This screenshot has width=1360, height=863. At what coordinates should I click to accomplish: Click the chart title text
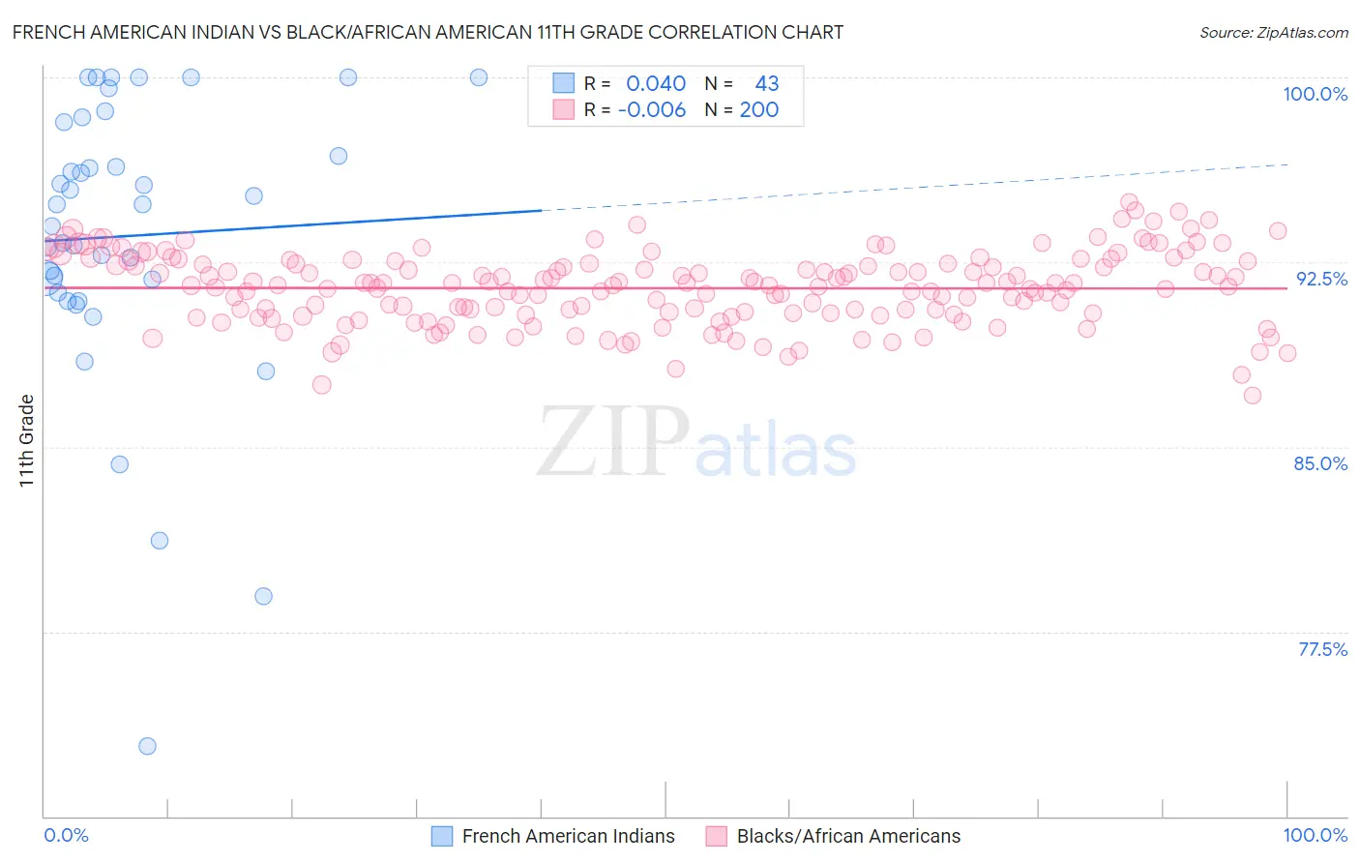428,32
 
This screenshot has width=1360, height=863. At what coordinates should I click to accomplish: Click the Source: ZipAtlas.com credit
1273,32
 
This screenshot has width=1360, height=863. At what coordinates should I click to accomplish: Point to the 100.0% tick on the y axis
1315,94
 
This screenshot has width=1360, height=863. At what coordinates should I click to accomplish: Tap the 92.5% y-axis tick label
1321,279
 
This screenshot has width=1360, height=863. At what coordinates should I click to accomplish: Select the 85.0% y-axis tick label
1320,463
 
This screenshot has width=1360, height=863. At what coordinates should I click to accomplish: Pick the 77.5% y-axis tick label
1322,649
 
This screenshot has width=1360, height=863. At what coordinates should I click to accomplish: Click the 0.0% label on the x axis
66,835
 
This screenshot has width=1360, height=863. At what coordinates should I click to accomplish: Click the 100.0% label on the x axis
1315,835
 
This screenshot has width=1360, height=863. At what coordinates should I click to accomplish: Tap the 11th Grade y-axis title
27,440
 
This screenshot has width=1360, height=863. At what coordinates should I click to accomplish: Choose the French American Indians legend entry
568,836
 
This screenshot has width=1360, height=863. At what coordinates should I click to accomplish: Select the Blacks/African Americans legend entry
848,836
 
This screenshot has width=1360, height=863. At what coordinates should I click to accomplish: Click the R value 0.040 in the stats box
656,84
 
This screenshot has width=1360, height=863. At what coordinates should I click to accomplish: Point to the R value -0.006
652,110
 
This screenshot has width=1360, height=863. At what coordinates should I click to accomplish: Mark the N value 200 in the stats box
759,110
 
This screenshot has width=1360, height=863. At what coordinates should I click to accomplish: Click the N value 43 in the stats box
766,84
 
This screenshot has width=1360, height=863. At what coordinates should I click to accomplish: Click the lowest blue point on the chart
147,746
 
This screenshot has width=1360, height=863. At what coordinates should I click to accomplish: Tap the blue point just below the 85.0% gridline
120,464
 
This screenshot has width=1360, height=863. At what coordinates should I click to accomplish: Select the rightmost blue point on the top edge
479,77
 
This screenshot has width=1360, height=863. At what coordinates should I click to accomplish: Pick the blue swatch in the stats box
564,83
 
